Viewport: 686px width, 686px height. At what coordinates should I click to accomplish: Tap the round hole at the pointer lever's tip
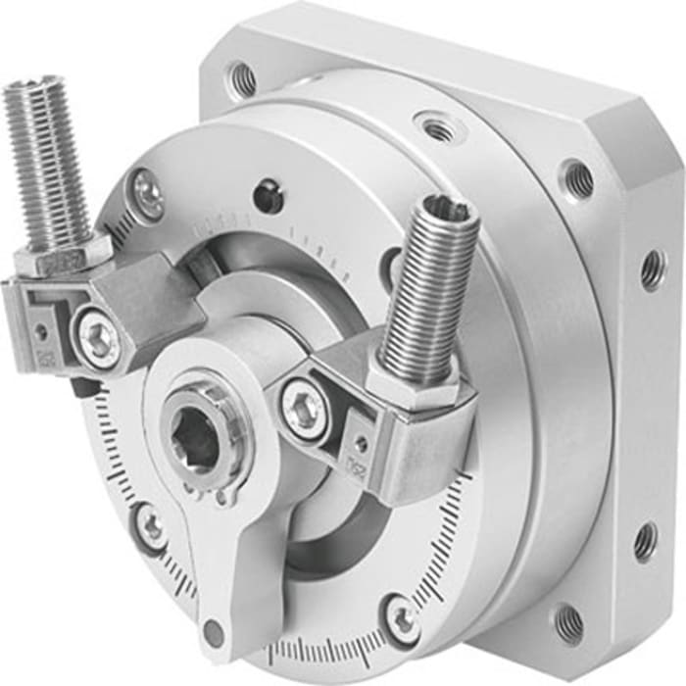(x=212, y=631)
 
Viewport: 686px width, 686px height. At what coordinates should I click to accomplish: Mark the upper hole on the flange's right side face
(x=652, y=269)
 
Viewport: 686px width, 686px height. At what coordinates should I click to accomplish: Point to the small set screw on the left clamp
(x=41, y=330)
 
